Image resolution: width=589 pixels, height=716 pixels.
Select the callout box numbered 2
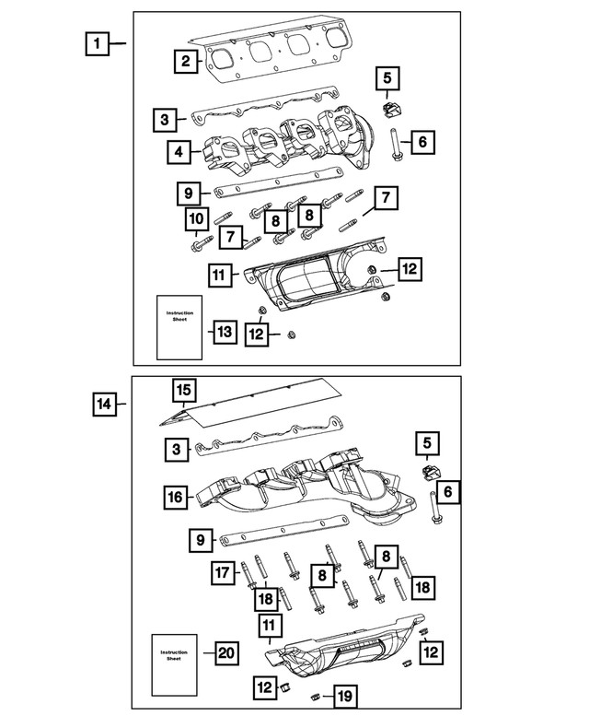pos(186,62)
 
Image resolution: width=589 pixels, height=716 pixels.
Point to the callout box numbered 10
pos(194,219)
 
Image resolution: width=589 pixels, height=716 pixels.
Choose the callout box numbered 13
pos(225,331)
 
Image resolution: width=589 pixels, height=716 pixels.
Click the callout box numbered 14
pos(105,403)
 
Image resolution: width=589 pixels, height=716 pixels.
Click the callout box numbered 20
pos(225,653)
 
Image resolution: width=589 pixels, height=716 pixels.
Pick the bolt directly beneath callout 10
pos(197,247)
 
